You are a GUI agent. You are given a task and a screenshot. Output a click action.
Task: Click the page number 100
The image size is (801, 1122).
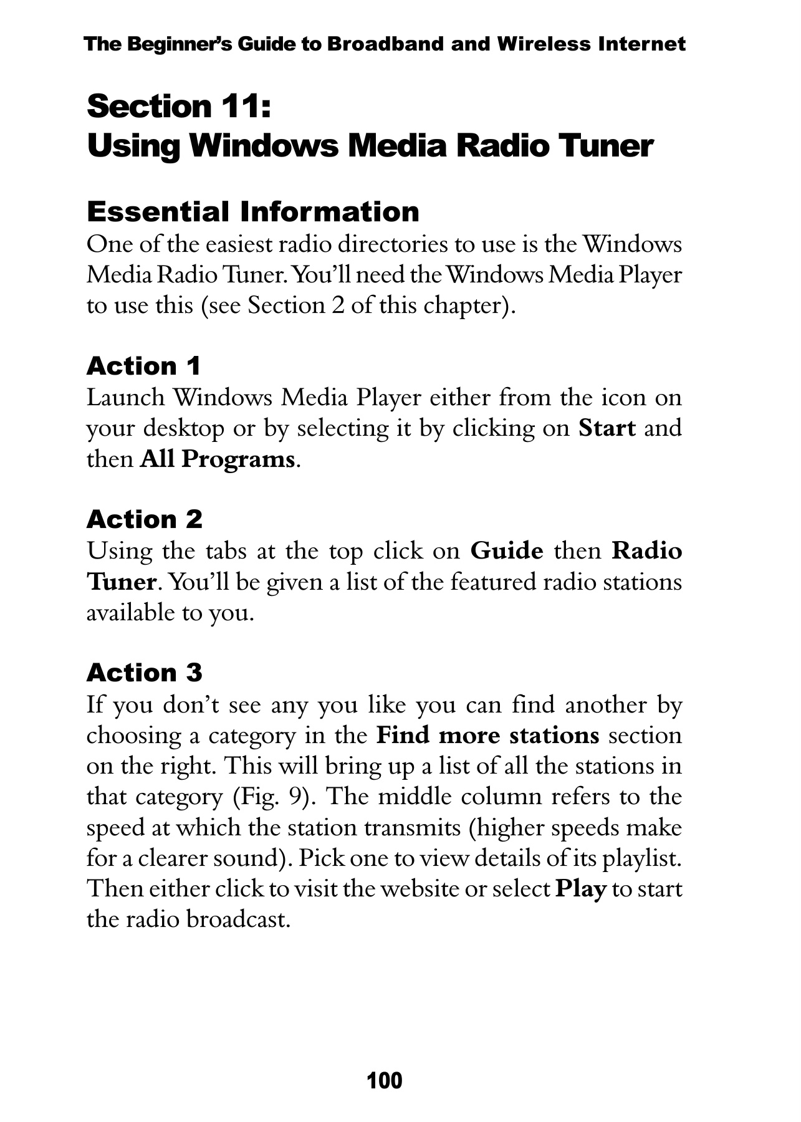coord(385,1080)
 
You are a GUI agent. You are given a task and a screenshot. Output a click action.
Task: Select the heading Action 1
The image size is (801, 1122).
coord(143,366)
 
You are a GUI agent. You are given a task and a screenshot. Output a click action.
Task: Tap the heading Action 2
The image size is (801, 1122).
coord(145,519)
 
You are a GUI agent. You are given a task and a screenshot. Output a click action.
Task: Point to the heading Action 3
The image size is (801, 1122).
coord(145,673)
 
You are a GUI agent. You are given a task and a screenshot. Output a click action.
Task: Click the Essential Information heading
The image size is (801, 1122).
coord(252,212)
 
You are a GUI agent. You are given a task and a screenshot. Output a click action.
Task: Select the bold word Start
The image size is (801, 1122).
coord(607,428)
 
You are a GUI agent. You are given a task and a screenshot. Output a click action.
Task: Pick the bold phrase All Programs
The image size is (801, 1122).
coord(218,459)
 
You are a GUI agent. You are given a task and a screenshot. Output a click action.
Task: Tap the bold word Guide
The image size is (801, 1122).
coord(506,551)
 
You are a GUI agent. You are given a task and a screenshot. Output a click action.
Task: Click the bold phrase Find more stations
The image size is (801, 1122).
coord(487,736)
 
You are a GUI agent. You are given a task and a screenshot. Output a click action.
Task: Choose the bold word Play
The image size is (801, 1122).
coord(580,889)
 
